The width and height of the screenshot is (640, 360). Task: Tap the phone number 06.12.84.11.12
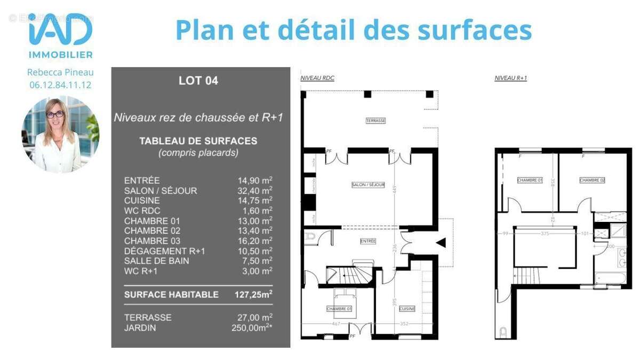click(x=60, y=84)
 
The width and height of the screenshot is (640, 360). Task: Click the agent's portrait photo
click(x=60, y=134)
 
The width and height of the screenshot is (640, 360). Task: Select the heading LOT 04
click(x=198, y=81)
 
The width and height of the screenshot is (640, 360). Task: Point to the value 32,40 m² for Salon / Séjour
click(x=255, y=190)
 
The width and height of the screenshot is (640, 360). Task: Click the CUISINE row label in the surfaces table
click(x=142, y=201)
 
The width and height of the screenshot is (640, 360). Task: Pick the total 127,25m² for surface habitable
click(x=253, y=294)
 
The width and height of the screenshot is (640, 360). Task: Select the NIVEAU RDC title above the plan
click(x=317, y=78)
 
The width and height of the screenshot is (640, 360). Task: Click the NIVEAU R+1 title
click(x=510, y=78)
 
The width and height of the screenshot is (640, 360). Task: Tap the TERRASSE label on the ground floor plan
click(x=375, y=121)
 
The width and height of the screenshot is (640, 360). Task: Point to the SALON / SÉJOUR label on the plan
click(x=368, y=185)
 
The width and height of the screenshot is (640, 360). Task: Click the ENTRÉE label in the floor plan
click(x=367, y=241)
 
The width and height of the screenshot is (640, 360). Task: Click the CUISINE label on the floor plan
click(x=407, y=309)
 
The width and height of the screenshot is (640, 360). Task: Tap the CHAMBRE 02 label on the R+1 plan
click(x=592, y=180)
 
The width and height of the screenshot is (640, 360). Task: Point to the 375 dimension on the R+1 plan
click(x=545, y=233)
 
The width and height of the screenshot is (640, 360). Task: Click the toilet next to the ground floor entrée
click(x=310, y=238)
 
